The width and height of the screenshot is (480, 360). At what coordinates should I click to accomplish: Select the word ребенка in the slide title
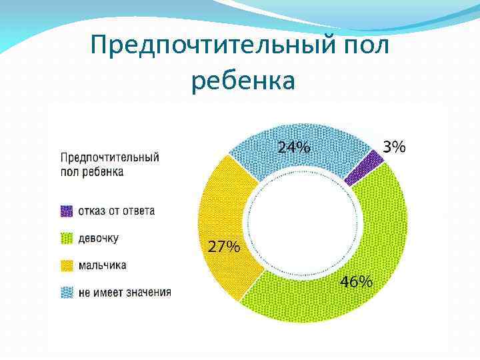pyautogui.click(x=243, y=81)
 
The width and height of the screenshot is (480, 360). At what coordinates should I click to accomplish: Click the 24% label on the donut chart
pyautogui.click(x=294, y=148)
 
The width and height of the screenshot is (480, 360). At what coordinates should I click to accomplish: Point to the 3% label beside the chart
pyautogui.click(x=393, y=147)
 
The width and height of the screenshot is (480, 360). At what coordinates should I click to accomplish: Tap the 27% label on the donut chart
pyautogui.click(x=225, y=247)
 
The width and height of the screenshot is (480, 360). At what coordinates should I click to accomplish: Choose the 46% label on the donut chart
pyautogui.click(x=357, y=282)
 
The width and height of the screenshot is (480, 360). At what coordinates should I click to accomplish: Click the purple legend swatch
pyautogui.click(x=67, y=211)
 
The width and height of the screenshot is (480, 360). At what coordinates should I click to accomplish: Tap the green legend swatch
pyautogui.click(x=67, y=238)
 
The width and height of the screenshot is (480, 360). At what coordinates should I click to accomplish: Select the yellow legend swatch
pyautogui.click(x=67, y=265)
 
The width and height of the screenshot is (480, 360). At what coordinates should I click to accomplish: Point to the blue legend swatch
pyautogui.click(x=67, y=292)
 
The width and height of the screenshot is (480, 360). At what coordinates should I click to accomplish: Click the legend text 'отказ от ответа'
pyautogui.click(x=117, y=211)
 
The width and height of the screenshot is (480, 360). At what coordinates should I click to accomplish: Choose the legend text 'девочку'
pyautogui.click(x=99, y=238)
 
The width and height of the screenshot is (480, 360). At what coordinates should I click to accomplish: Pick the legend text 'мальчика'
pyautogui.click(x=102, y=265)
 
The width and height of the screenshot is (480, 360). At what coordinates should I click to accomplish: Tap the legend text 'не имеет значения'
pyautogui.click(x=125, y=292)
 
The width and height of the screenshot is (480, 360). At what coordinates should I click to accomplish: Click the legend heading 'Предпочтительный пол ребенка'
pyautogui.click(x=110, y=164)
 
